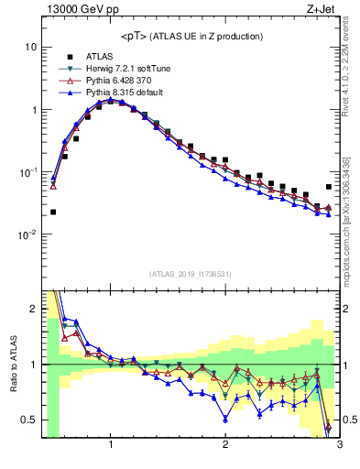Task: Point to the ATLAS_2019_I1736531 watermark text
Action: (191, 273)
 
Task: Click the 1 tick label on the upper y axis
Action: (34, 110)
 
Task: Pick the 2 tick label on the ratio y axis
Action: (34, 309)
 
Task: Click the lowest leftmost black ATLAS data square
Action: (53, 212)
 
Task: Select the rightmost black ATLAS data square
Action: (329, 187)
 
